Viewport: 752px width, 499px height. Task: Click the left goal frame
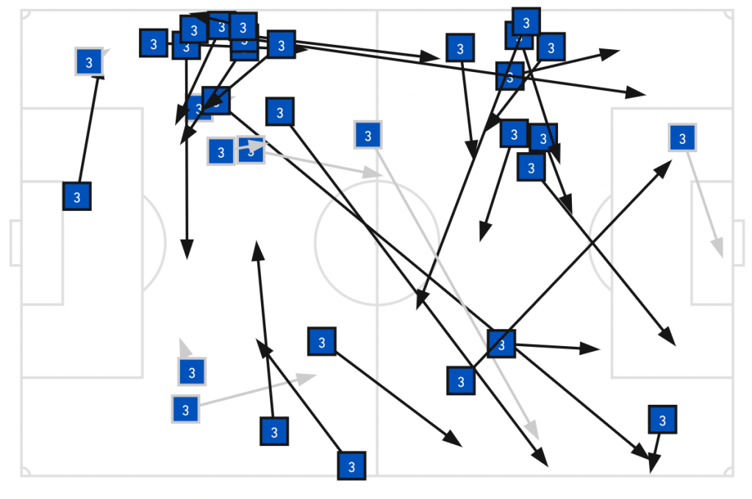click(15, 243)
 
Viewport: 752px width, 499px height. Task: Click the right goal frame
click(739, 243)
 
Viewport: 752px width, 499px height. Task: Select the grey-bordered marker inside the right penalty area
click(682, 137)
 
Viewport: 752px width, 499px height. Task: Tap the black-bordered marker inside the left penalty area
click(76, 196)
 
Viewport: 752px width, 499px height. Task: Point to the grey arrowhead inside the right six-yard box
click(718, 250)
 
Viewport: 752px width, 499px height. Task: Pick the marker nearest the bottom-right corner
click(662, 420)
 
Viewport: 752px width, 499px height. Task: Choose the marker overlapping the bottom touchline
click(351, 466)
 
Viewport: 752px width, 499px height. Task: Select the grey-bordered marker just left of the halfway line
click(368, 135)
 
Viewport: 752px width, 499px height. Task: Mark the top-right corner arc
click(728, 14)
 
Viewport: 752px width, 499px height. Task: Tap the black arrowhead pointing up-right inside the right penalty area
click(665, 166)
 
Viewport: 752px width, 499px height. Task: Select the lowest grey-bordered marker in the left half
click(185, 409)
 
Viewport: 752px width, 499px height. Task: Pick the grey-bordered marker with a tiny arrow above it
click(192, 372)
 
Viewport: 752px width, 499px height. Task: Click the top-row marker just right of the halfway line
click(460, 49)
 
